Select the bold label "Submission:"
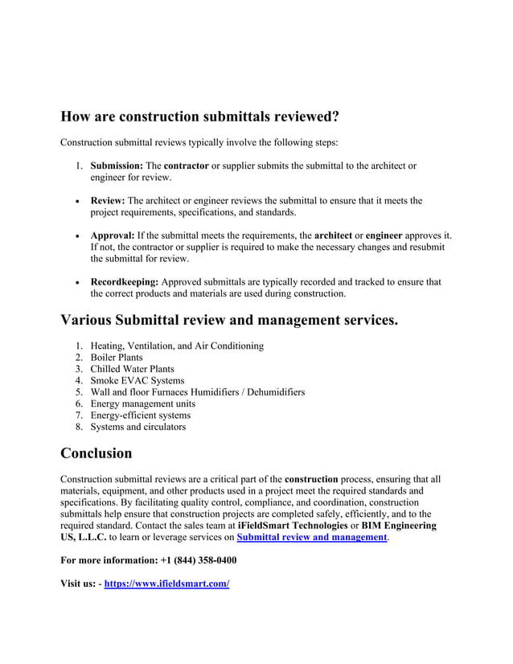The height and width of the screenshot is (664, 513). coord(117,166)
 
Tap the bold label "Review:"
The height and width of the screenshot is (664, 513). coord(108,201)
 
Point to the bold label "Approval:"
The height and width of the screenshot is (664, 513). coord(113,236)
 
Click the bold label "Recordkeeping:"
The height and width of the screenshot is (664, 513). coord(125,282)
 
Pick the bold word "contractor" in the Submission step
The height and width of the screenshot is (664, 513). coord(187,166)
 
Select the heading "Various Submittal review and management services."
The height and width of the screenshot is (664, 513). coord(229,321)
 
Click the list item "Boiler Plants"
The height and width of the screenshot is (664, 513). coord(117,358)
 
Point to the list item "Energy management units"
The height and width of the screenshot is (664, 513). coord(142,404)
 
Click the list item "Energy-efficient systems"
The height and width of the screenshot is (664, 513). coord(140,416)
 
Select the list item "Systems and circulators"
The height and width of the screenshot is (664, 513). coord(137,427)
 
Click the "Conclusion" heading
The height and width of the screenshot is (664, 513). coord(96,453)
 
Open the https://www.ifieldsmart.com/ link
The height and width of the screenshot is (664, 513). coord(166,584)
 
